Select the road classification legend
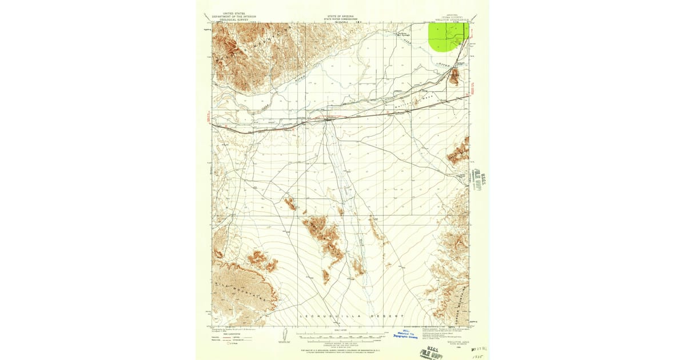(x=234, y=338)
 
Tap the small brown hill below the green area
(x=454, y=77)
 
